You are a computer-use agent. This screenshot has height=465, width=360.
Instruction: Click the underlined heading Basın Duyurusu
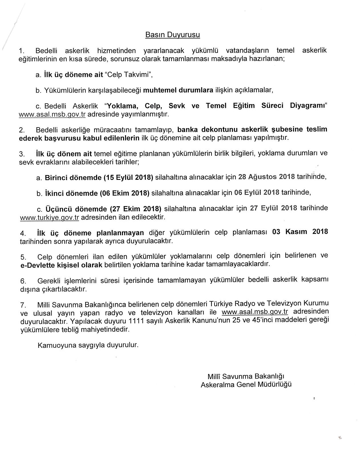pos(173,35)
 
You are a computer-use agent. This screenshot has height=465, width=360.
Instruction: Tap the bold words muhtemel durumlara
pos(178,90)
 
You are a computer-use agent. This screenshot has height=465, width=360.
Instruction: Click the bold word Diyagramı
pos(308,106)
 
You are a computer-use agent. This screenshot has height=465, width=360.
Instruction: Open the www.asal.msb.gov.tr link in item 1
pos(52,115)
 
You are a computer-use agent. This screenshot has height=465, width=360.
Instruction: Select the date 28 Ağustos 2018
pos(267,177)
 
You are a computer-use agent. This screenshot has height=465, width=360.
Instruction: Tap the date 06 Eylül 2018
pos(257,192)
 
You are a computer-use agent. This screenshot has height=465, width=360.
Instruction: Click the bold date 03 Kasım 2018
pos(300,232)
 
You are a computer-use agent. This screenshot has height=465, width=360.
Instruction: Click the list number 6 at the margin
pos(22,281)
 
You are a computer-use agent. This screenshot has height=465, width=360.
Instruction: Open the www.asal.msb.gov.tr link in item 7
pos(255,312)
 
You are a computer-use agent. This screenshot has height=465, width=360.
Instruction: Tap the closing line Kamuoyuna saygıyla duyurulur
pos(88,345)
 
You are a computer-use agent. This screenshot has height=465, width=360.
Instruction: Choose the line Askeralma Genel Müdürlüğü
pos(246,385)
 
